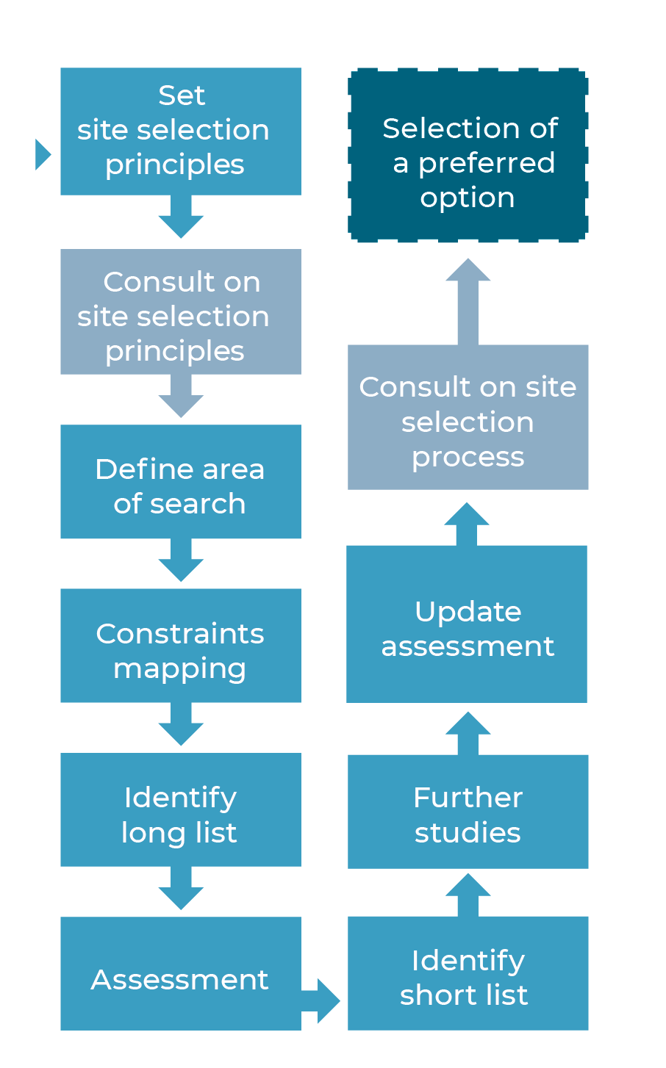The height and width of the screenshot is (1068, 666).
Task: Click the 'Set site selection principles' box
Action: tap(180, 131)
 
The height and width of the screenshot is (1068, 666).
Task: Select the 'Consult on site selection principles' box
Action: tap(180, 311)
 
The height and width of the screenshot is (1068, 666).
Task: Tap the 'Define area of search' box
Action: tap(180, 482)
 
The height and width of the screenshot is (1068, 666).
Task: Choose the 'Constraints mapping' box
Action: tap(180, 646)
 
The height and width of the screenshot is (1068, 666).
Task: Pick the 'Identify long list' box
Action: tap(180, 809)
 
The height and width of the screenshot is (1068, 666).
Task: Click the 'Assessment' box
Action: tap(180, 973)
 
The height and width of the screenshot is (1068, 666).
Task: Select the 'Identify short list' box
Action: tap(468, 973)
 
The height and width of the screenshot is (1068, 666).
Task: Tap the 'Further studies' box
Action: tap(468, 812)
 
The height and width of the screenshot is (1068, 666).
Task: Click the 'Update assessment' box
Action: tap(467, 624)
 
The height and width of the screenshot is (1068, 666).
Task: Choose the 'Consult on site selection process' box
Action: tap(468, 417)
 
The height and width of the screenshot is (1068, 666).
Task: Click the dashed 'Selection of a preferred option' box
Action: tap(468, 155)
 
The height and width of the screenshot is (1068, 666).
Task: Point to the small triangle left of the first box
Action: tap(42, 154)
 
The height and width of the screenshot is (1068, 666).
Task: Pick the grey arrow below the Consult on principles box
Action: tap(181, 397)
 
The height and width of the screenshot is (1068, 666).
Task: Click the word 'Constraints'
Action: tap(180, 633)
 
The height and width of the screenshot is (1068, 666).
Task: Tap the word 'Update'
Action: tap(468, 611)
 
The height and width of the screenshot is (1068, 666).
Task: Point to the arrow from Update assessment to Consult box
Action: tap(467, 523)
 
